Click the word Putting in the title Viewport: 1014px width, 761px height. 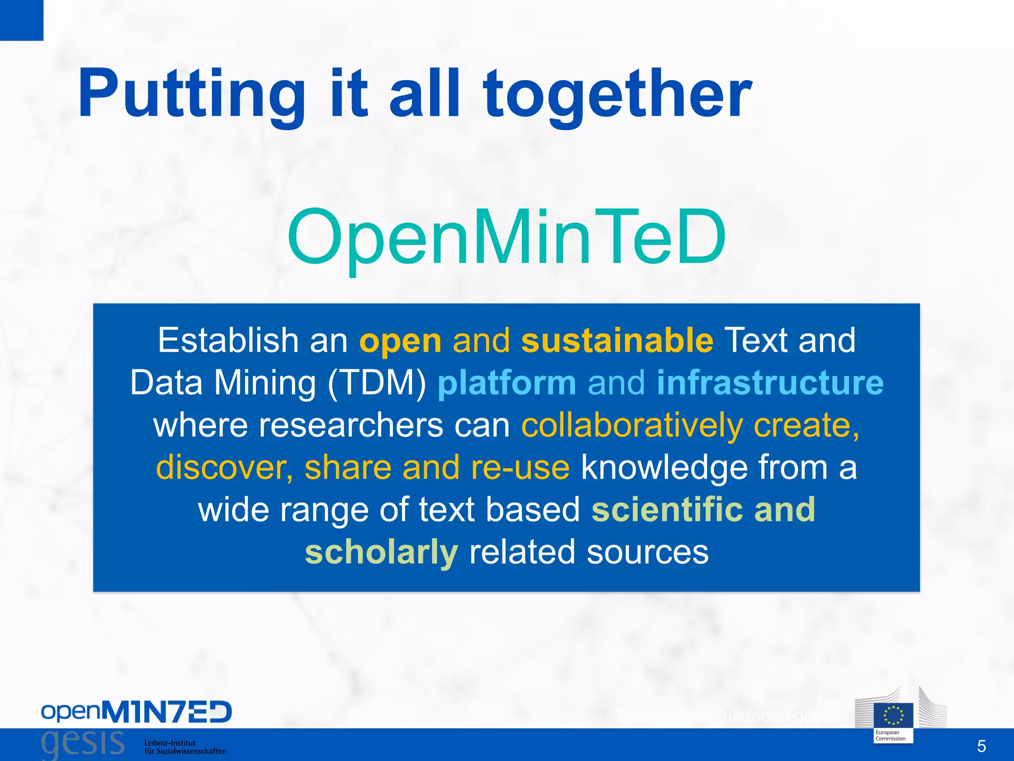click(x=191, y=94)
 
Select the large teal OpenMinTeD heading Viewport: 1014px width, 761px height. click(x=506, y=237)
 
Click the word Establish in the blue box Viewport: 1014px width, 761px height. click(x=228, y=340)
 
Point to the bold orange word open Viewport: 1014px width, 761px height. click(x=400, y=342)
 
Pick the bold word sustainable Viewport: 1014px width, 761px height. click(x=617, y=340)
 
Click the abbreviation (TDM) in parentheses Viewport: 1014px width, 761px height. click(x=377, y=383)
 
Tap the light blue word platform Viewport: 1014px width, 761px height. click(x=507, y=383)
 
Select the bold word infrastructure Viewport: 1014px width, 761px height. click(x=770, y=383)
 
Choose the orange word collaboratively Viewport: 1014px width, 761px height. click(x=632, y=426)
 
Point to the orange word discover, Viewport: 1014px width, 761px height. click(x=224, y=467)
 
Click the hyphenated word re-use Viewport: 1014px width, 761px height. click(x=520, y=467)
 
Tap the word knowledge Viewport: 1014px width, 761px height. click(x=663, y=468)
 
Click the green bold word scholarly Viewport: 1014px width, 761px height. click(x=381, y=552)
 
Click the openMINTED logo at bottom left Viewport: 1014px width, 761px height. click(x=136, y=712)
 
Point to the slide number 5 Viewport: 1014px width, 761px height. click(x=981, y=746)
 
